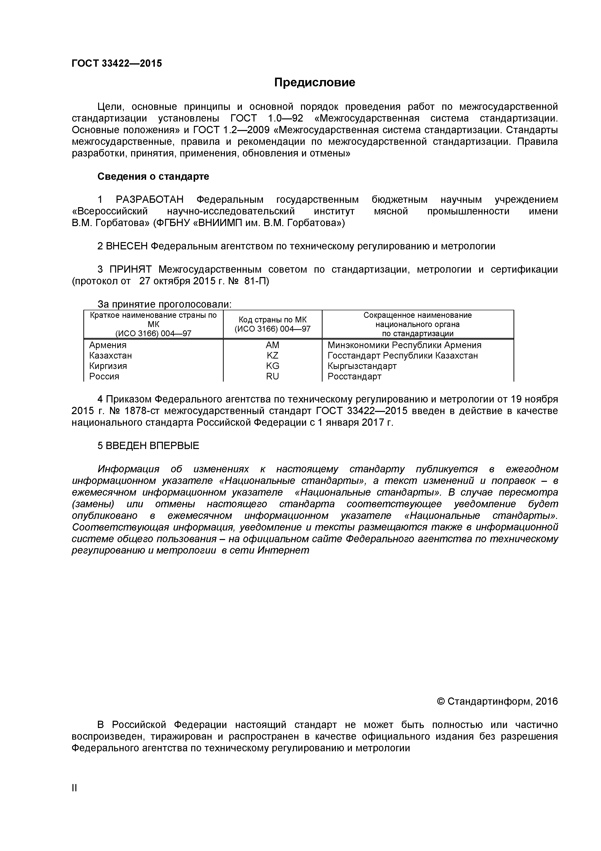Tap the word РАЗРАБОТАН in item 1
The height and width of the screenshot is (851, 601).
click(x=150, y=200)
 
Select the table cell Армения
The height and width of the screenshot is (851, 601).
click(x=108, y=345)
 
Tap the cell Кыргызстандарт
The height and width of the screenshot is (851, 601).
click(x=362, y=366)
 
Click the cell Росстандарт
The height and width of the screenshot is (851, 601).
click(x=354, y=376)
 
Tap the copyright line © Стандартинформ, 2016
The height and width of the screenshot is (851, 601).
click(x=497, y=701)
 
